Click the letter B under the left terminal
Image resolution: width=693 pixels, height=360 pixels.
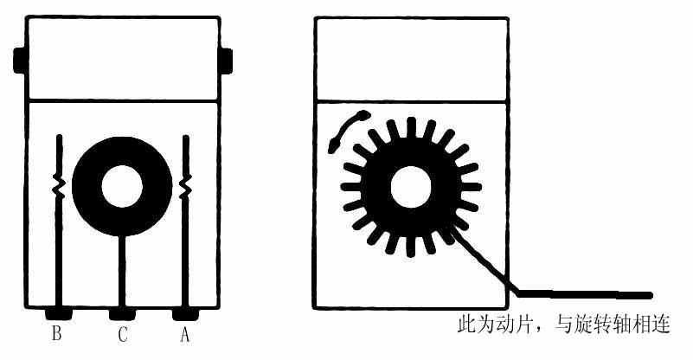(56, 333)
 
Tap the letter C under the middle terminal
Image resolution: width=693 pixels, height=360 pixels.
(123, 334)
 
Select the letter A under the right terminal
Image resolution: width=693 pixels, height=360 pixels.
(185, 334)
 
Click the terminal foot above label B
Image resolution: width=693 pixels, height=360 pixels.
(58, 314)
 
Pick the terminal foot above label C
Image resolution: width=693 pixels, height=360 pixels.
(123, 314)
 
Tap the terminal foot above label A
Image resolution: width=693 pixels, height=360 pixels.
(185, 314)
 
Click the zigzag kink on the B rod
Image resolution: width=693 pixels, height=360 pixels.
(59, 185)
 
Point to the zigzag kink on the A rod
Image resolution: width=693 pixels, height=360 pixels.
(185, 185)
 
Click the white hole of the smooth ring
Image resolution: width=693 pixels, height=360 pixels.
(122, 186)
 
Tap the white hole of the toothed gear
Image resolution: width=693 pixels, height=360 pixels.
(411, 187)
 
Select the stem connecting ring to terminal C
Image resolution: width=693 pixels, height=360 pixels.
(122, 271)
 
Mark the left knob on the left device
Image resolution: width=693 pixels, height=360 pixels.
(20, 60)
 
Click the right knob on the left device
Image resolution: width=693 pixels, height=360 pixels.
(226, 61)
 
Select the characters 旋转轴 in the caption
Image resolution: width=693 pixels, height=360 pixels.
(604, 325)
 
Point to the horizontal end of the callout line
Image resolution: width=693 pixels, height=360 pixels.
(651, 295)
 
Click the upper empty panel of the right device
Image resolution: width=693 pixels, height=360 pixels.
(411, 59)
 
